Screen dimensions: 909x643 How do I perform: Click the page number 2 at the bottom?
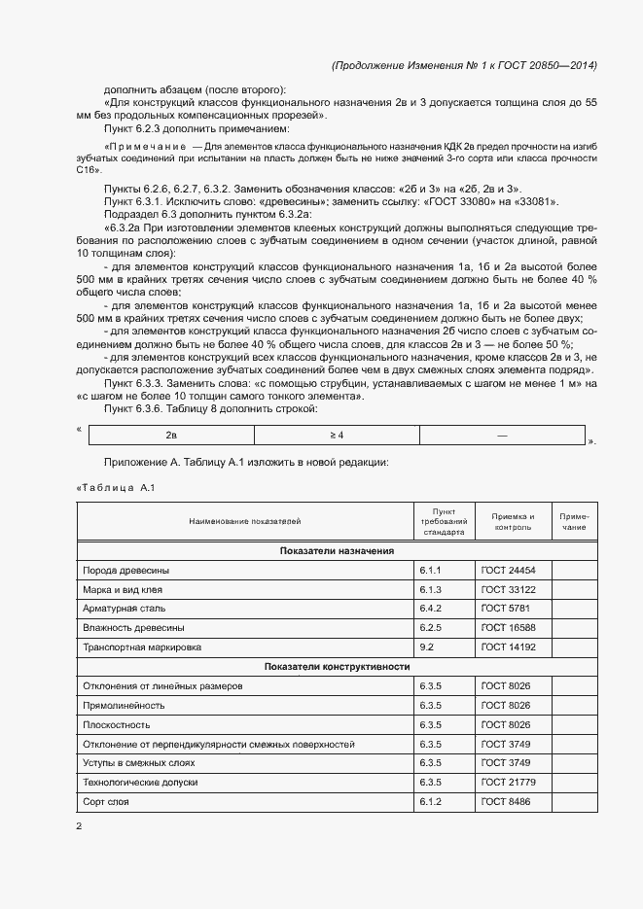click(80, 826)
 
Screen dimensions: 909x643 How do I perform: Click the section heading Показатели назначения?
click(337, 550)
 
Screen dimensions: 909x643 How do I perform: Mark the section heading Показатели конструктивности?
click(337, 667)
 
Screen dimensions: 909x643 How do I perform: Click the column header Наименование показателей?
click(245, 521)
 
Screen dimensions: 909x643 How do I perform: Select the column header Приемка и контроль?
click(513, 521)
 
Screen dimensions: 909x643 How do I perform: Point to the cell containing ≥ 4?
click(337, 436)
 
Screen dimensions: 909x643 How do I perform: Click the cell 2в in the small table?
click(170, 436)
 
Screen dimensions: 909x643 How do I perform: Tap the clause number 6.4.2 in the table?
click(431, 609)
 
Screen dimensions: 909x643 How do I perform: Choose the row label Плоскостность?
click(116, 724)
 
